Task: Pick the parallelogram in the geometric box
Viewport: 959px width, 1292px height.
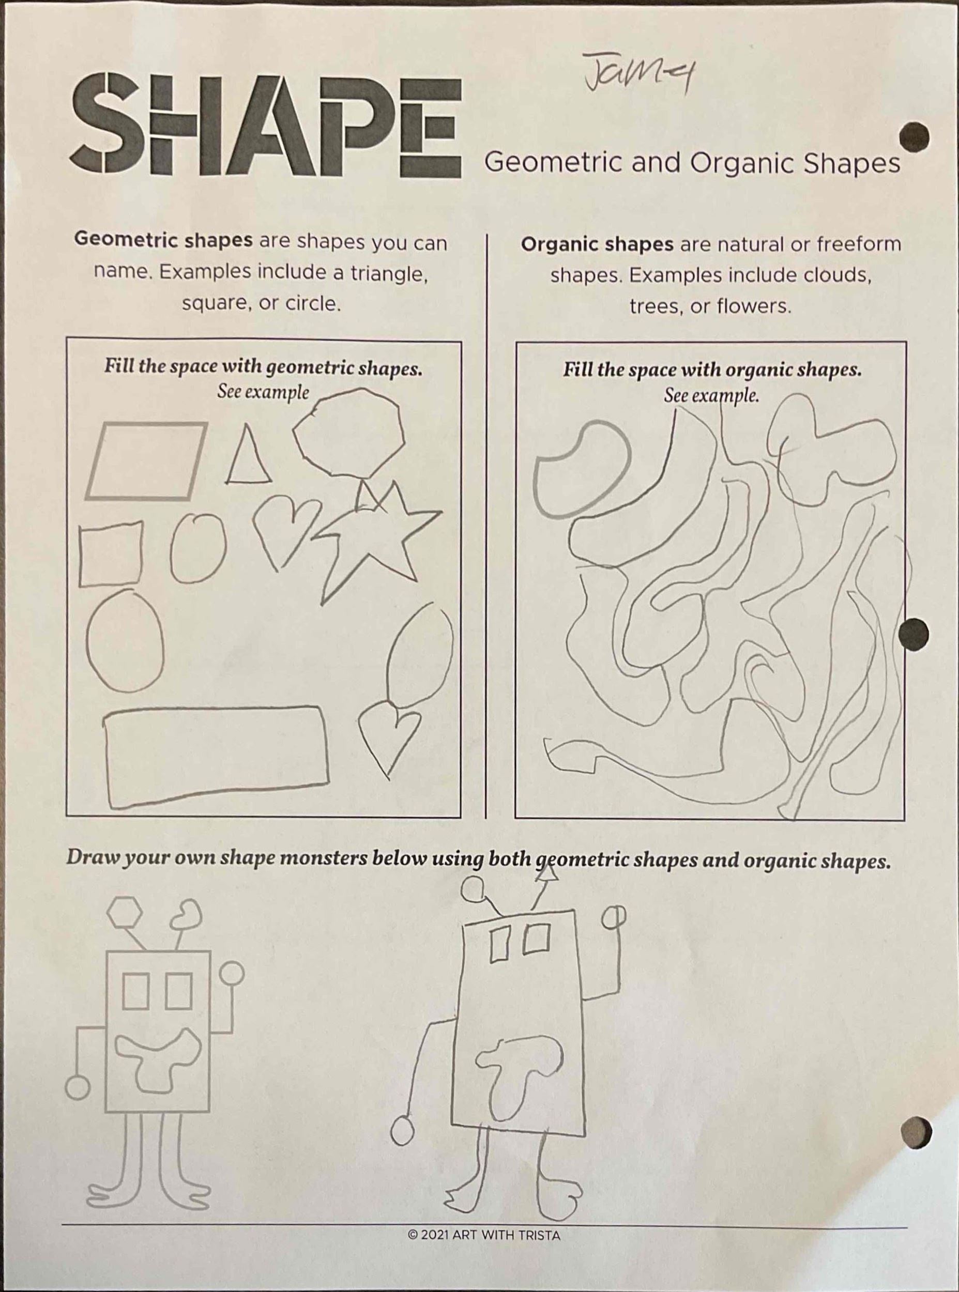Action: [147, 460]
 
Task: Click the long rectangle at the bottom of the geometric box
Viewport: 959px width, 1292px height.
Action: [217, 757]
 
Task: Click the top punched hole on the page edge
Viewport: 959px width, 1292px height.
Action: [913, 137]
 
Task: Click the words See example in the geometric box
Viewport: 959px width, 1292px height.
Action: [264, 392]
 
